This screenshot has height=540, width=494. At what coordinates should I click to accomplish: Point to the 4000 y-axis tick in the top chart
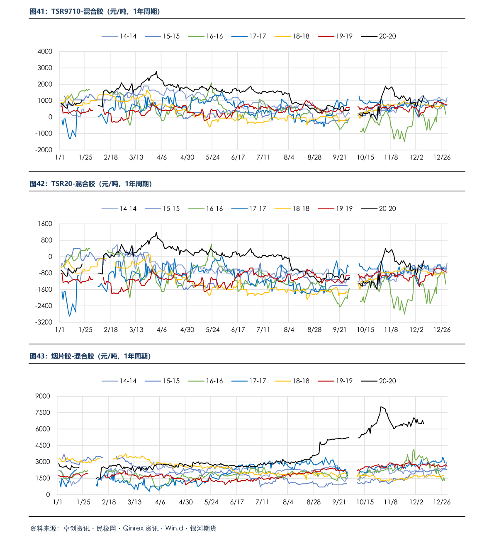(x=45, y=52)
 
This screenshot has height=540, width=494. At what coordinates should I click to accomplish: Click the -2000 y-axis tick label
(x=44, y=150)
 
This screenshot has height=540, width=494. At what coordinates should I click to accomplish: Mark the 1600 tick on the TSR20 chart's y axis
(x=45, y=224)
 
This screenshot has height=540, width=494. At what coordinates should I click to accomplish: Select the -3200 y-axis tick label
(x=44, y=322)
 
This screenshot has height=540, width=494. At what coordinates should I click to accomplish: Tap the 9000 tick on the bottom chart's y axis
(x=42, y=397)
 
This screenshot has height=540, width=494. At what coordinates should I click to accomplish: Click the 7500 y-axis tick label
(x=42, y=413)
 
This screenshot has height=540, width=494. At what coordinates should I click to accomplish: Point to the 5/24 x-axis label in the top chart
(x=212, y=157)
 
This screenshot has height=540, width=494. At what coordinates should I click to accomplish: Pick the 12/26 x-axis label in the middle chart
(x=442, y=330)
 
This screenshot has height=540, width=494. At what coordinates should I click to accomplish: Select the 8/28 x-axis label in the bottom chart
(x=314, y=502)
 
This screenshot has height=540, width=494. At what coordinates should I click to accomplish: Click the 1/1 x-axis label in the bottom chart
(x=58, y=502)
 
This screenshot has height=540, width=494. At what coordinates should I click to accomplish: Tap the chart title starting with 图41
(x=95, y=12)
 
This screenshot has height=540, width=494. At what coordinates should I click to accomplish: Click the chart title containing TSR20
(x=91, y=184)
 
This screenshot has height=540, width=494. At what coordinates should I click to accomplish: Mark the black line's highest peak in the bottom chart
(x=381, y=407)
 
